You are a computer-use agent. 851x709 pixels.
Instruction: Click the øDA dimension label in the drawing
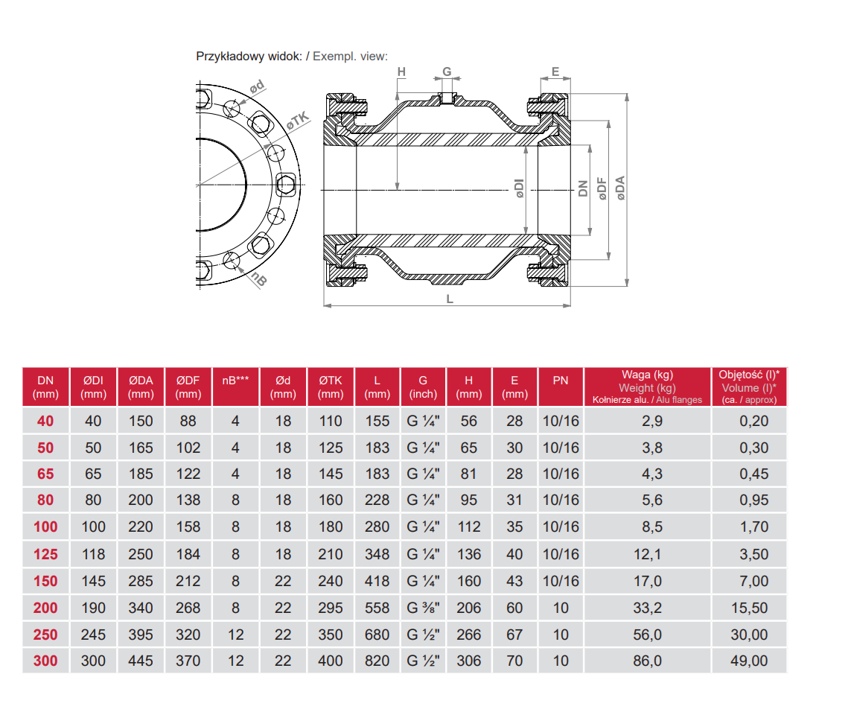click(620, 190)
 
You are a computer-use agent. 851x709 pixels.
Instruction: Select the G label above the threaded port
click(447, 71)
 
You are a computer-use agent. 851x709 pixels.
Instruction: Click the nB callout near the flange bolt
click(258, 279)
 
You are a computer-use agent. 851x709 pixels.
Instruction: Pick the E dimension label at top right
click(555, 71)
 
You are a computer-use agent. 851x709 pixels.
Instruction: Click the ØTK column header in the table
click(331, 387)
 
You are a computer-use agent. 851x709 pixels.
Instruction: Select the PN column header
click(561, 381)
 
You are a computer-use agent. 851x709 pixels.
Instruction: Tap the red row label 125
click(45, 554)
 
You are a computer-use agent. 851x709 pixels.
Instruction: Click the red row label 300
click(45, 661)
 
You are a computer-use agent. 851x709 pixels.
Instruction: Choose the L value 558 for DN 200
click(377, 608)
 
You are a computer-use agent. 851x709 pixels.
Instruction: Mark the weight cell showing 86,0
click(647, 661)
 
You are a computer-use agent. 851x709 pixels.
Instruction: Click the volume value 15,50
click(749, 608)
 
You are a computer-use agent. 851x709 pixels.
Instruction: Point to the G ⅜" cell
click(423, 608)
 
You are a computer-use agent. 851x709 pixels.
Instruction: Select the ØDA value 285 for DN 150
click(141, 581)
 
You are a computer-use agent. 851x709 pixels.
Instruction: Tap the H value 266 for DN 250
click(469, 635)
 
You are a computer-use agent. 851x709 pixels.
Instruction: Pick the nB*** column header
click(236, 381)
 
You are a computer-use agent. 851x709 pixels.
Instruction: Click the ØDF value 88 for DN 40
click(188, 421)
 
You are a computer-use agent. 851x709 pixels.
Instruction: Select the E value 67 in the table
click(514, 635)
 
